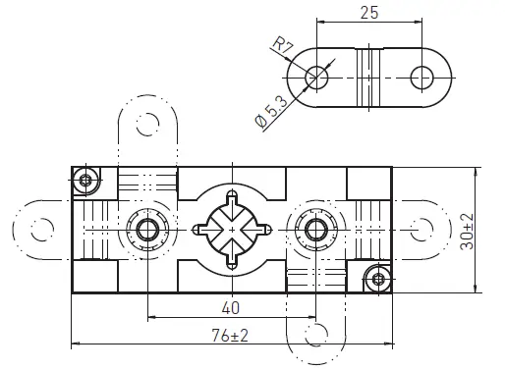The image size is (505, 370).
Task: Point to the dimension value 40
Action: [232, 308]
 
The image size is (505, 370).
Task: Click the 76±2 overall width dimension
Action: [231, 336]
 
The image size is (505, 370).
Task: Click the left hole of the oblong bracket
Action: [316, 77]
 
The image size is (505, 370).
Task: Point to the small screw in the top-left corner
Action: [85, 180]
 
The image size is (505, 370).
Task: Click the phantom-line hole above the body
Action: [147, 123]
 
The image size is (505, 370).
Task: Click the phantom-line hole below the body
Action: [315, 334]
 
